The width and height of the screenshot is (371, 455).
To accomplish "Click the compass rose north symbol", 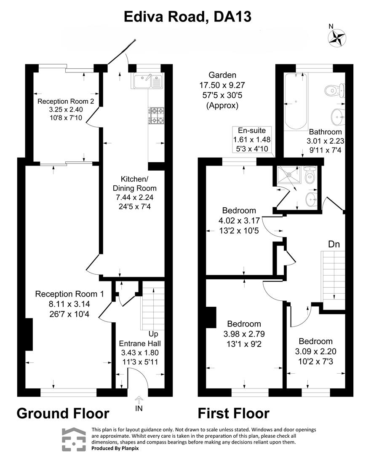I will (x=336, y=37).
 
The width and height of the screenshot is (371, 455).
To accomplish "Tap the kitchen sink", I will (x=148, y=80).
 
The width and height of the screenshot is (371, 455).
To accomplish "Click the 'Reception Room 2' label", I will (x=63, y=102).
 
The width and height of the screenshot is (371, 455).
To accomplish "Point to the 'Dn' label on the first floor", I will (x=334, y=244).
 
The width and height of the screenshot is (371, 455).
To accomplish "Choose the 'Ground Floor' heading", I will (x=63, y=413).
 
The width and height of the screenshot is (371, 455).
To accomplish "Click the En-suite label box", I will (x=252, y=139).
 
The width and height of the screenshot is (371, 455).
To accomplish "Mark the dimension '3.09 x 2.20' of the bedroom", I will (x=315, y=351).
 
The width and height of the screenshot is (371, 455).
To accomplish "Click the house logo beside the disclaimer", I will (x=74, y=439).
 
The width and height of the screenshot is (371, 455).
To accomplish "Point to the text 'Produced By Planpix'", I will (x=115, y=448).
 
